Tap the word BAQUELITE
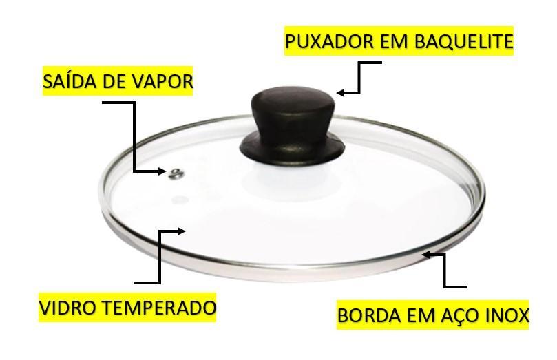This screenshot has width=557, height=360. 463,41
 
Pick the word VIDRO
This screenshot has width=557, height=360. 66,308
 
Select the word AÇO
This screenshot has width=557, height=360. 462,315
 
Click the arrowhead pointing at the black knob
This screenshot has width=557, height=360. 341,93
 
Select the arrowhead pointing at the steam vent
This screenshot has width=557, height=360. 162,171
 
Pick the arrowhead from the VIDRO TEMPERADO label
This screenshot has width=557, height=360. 181,231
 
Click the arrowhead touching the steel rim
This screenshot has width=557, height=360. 427,254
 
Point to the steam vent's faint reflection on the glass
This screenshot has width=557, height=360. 180,199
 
